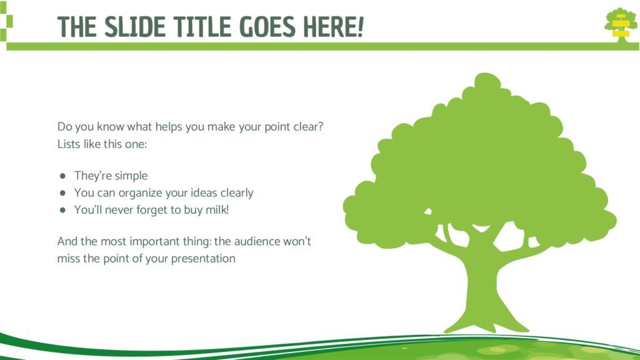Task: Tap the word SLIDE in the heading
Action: tap(135, 27)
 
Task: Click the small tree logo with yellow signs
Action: tap(621, 24)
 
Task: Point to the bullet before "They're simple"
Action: tap(62, 176)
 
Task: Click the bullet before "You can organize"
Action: tap(62, 193)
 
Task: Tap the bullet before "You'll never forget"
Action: tap(62, 210)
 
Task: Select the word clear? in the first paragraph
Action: tap(308, 126)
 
